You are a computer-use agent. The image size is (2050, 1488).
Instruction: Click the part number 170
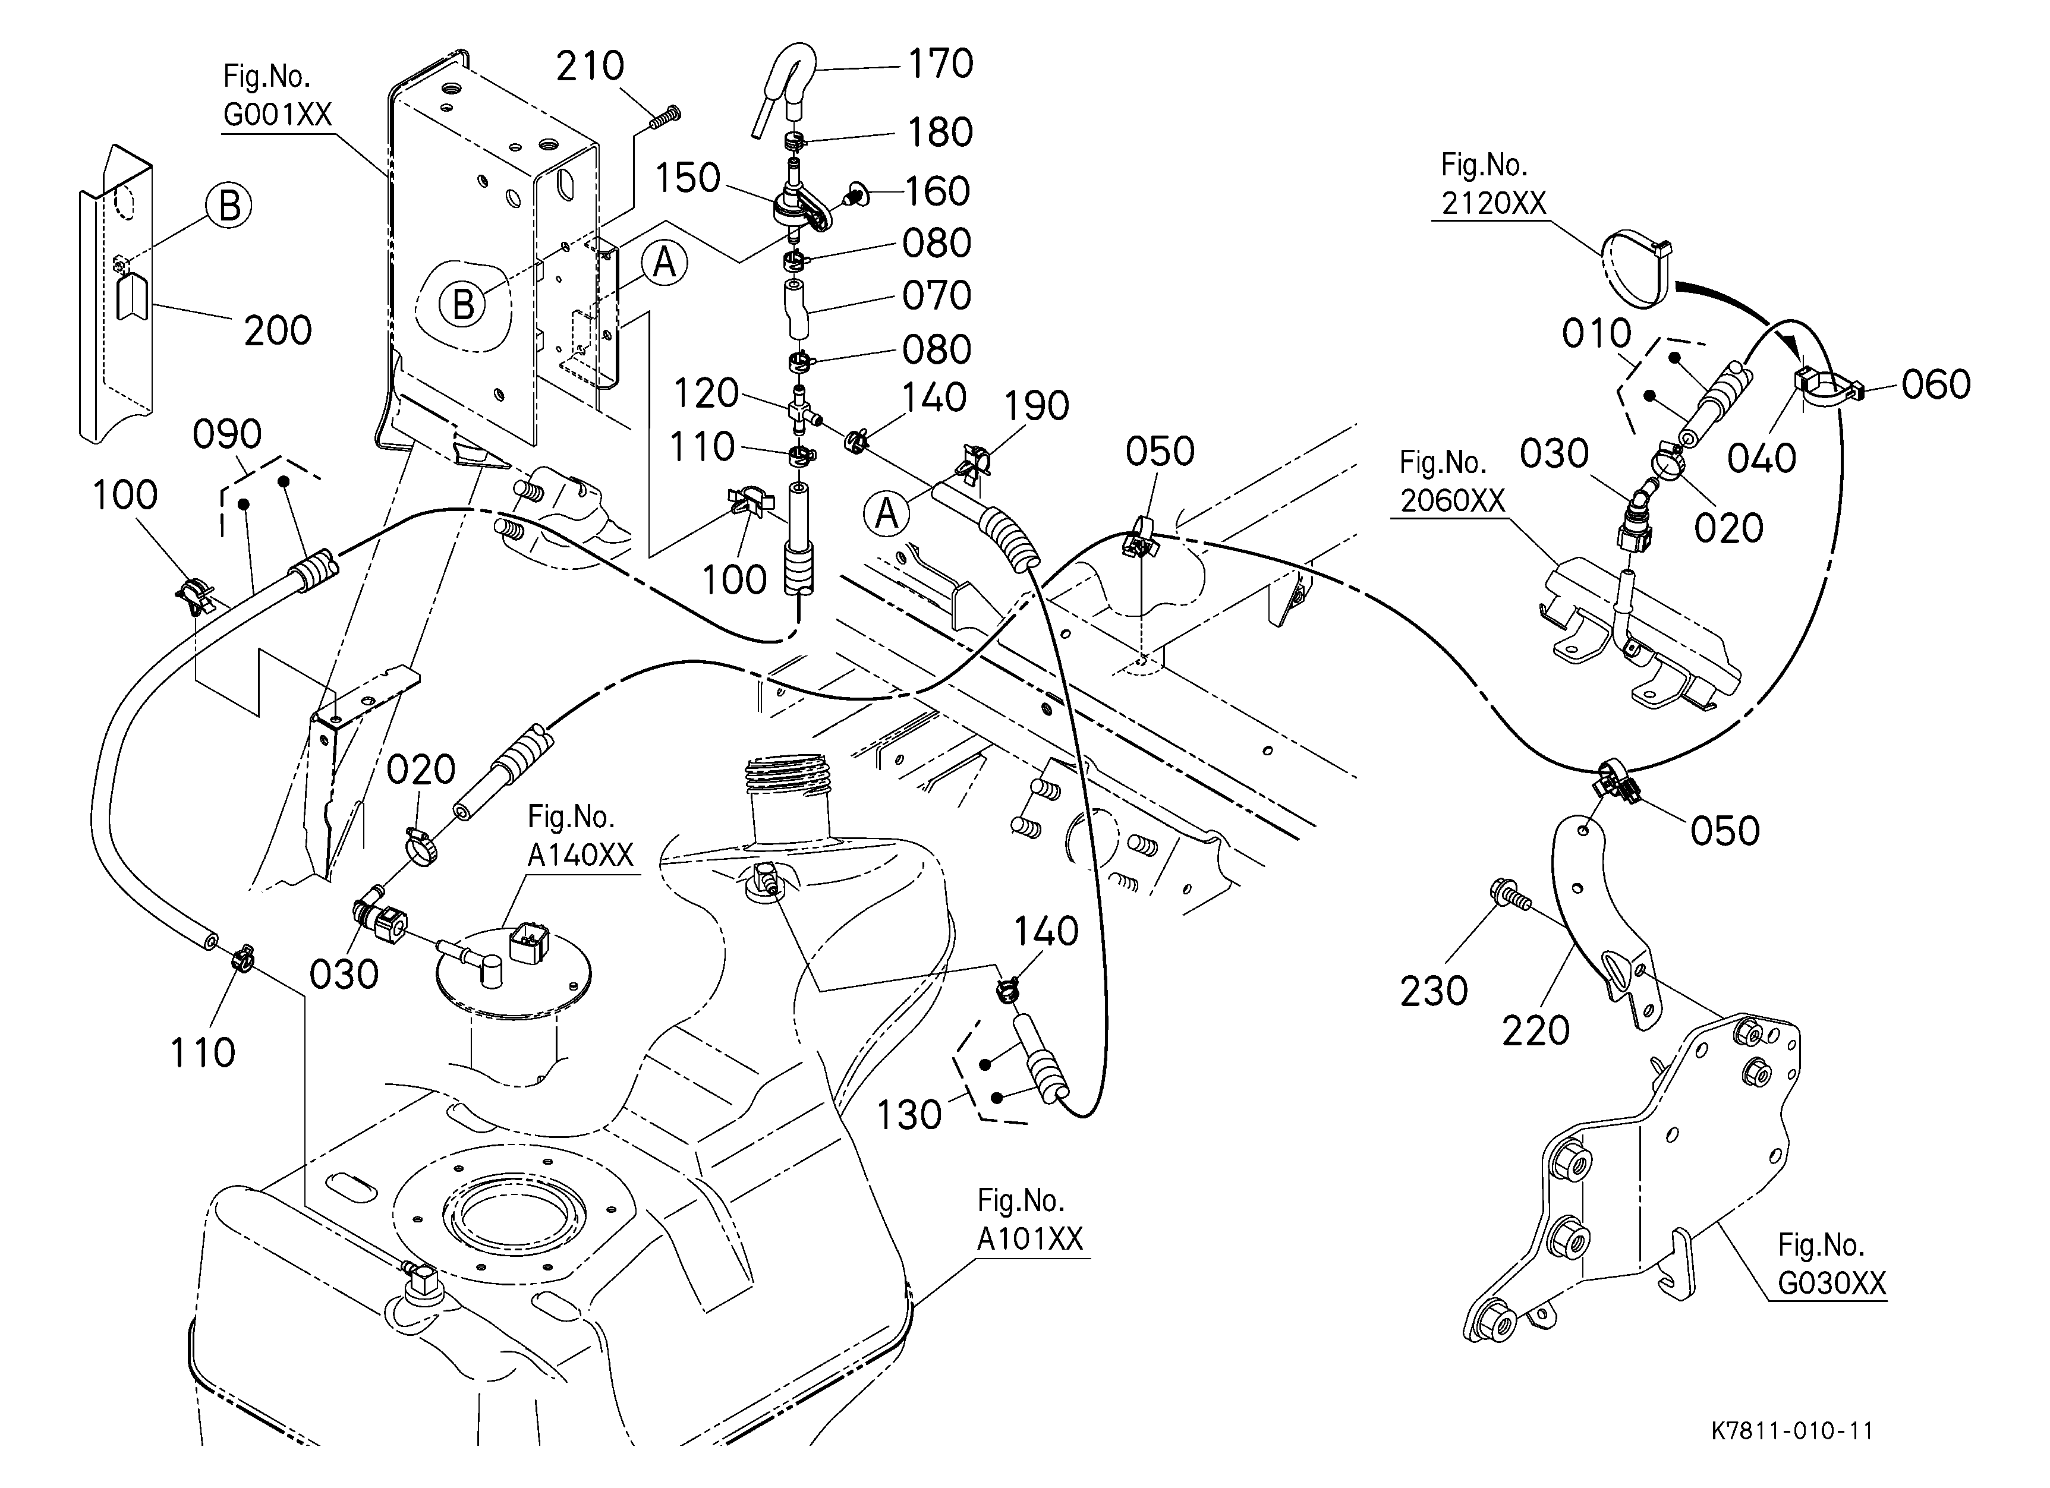pyautogui.click(x=940, y=64)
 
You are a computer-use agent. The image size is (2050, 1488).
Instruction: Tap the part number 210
pyautogui.click(x=590, y=66)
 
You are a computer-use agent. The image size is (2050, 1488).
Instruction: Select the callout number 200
pyautogui.click(x=278, y=330)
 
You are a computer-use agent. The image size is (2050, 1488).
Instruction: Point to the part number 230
pyautogui.click(x=1434, y=991)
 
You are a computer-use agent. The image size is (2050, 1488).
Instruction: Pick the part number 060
pyautogui.click(x=1935, y=385)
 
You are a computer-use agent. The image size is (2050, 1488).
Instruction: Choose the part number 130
pyautogui.click(x=909, y=1115)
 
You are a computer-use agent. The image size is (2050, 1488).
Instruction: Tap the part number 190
pyautogui.click(x=1036, y=406)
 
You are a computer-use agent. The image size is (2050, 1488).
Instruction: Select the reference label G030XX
pyautogui.click(x=1831, y=1283)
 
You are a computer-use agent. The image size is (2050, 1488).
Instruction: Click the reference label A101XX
pyautogui.click(x=1029, y=1238)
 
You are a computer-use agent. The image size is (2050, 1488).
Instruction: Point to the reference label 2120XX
pyautogui.click(x=1494, y=203)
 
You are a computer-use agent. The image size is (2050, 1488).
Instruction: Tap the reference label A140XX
pyautogui.click(x=580, y=855)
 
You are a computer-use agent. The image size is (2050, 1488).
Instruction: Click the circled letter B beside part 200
pyautogui.click(x=229, y=206)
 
